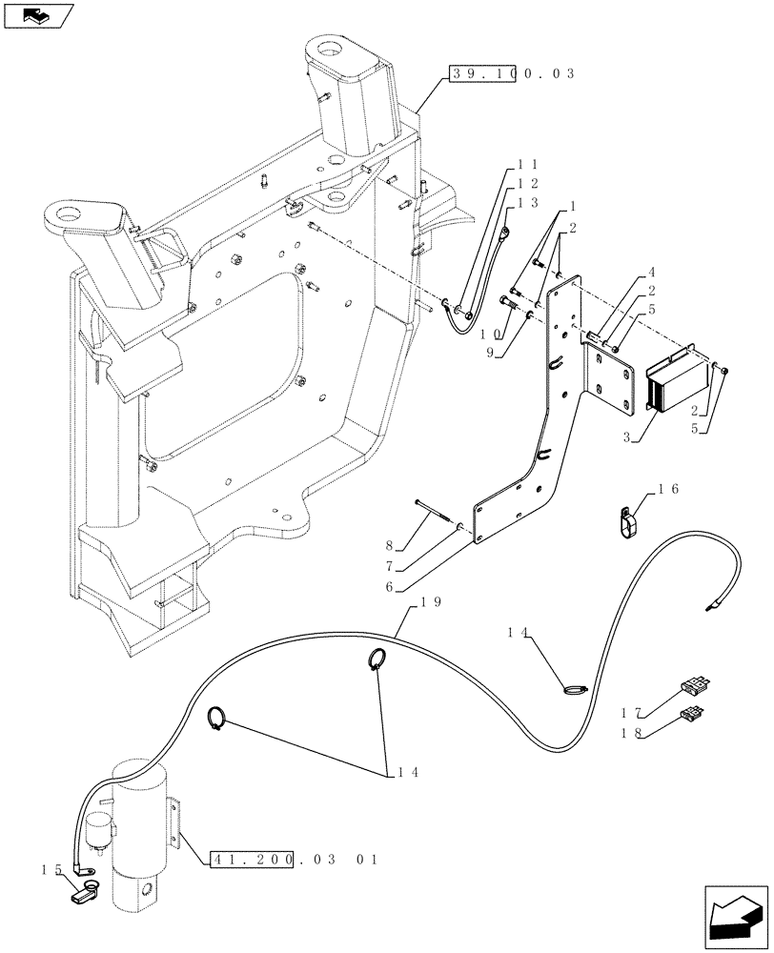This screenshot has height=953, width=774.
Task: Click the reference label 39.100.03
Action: [511, 73]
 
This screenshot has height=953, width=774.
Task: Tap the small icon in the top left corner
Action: [37, 15]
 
